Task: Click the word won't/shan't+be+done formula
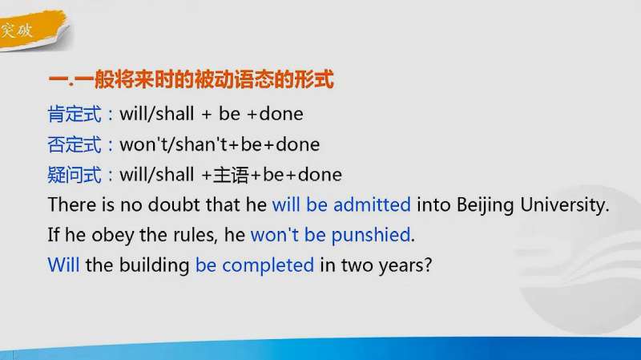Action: pos(219,144)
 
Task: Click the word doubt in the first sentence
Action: pos(176,204)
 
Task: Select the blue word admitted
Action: pos(372,204)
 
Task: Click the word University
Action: pos(565,204)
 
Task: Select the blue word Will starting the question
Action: pos(63,265)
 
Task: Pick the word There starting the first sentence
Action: pos(71,204)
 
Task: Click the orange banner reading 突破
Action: pos(20,33)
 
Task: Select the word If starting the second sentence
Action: pos(54,235)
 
